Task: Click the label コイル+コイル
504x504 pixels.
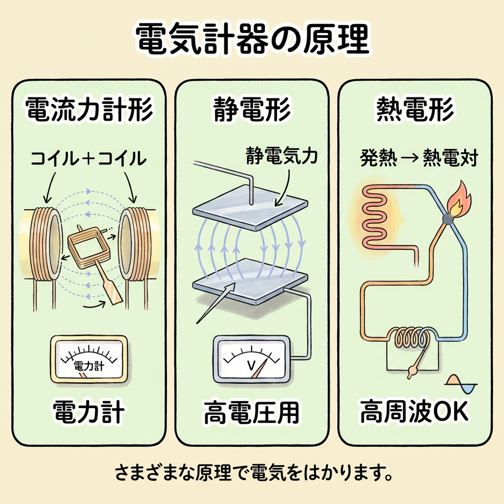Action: [89, 159]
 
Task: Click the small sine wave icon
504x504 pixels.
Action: [461, 384]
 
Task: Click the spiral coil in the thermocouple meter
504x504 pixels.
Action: [412, 339]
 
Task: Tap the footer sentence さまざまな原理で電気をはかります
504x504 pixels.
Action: [252, 474]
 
